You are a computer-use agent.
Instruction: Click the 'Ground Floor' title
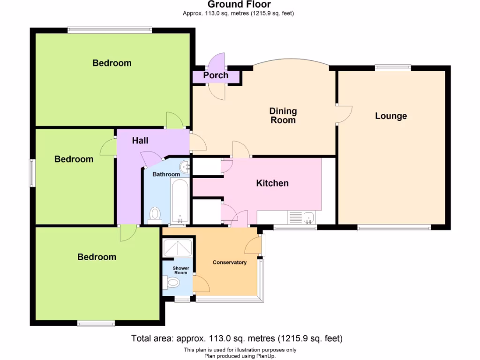tap(239, 5)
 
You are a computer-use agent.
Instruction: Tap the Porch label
tap(216, 75)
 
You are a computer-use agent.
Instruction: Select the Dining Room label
tap(283, 115)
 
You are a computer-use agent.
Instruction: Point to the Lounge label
tap(391, 116)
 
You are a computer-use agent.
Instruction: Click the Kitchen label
tap(272, 183)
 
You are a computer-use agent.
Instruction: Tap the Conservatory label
tap(229, 262)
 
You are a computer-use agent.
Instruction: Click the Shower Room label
tap(180, 270)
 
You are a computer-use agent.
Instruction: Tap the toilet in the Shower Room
tap(171, 282)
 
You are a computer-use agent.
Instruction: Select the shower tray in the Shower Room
tap(178, 248)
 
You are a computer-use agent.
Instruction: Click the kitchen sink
tap(309, 217)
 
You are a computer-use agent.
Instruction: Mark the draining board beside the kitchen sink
tap(295, 217)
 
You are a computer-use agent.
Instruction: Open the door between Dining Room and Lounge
tap(344, 114)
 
